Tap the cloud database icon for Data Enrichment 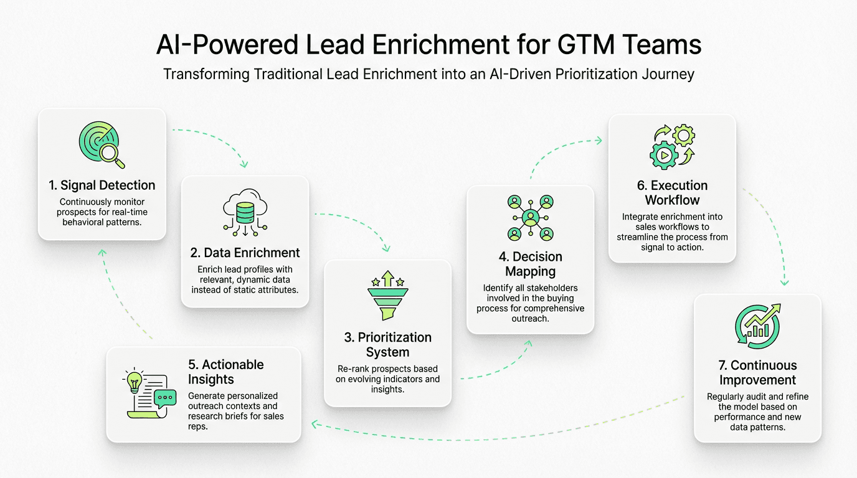pyautogui.click(x=245, y=212)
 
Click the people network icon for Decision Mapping pyautogui.click(x=530, y=218)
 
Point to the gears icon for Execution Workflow pyautogui.click(x=672, y=147)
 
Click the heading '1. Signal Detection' pyautogui.click(x=102, y=185)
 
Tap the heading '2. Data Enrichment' pyautogui.click(x=245, y=253)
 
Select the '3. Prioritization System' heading pyautogui.click(x=387, y=345)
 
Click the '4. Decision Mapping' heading pyautogui.click(x=530, y=264)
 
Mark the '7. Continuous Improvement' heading pyautogui.click(x=757, y=372)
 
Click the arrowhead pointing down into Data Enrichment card pyautogui.click(x=244, y=164)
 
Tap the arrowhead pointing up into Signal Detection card pyautogui.click(x=103, y=252)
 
